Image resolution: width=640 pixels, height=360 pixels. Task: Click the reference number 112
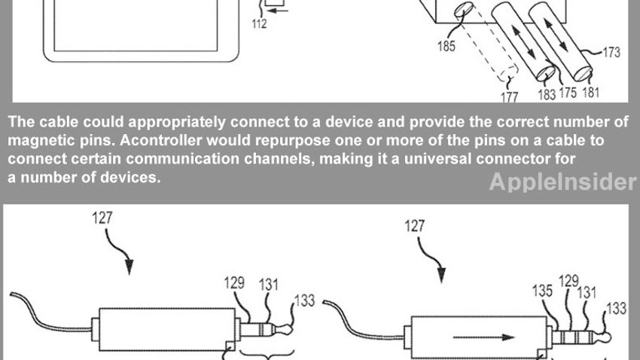[x=259, y=23]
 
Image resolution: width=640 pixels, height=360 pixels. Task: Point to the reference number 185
[x=446, y=46]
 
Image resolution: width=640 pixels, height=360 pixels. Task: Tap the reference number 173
[x=611, y=52]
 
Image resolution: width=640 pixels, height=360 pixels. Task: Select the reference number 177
[x=510, y=96]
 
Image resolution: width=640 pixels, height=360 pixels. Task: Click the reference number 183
[x=547, y=94]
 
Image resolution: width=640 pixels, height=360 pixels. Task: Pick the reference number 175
[x=568, y=92]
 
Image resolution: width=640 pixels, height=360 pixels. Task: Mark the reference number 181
[x=590, y=92]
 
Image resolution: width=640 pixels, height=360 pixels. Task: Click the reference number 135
[x=542, y=291]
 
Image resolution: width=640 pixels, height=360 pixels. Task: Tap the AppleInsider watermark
[x=563, y=182]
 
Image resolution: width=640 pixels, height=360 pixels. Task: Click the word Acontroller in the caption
[x=161, y=140]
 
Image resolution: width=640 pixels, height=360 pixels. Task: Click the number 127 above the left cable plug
[x=102, y=218]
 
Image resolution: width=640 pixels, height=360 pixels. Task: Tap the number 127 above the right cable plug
[x=415, y=226]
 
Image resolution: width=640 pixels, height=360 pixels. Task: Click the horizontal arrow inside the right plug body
[x=483, y=337]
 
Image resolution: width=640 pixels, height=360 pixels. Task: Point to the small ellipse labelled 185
[x=464, y=10]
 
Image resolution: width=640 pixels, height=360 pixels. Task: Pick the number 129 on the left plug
[x=234, y=282]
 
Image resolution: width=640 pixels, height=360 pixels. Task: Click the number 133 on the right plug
[x=617, y=308]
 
